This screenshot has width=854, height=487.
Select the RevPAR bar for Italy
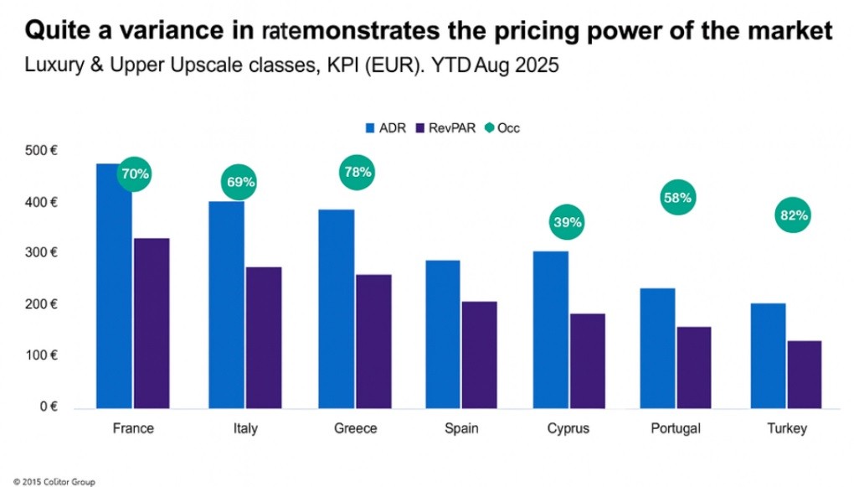(264, 338)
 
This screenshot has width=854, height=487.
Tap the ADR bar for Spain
(443, 334)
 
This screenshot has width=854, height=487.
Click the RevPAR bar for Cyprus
(588, 361)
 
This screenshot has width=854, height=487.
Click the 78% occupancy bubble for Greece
(357, 172)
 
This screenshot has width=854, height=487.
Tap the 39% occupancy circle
(567, 223)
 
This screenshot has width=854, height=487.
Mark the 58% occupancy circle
(677, 199)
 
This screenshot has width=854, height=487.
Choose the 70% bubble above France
(135, 174)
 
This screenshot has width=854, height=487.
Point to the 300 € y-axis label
(41, 253)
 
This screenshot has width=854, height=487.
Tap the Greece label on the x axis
(355, 429)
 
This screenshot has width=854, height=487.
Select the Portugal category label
(675, 429)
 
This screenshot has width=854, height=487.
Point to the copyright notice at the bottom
(49, 481)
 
